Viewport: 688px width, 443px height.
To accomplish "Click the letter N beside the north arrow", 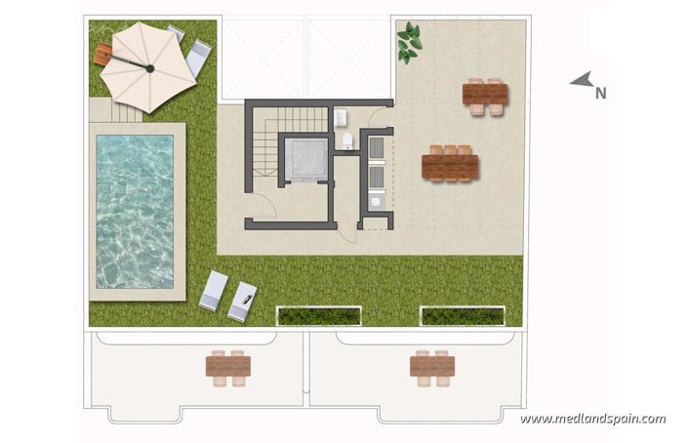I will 601,95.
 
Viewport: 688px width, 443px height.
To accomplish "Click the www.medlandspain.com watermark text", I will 592,420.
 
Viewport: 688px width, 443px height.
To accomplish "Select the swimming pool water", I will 135,211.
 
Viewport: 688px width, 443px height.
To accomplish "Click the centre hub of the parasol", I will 149,68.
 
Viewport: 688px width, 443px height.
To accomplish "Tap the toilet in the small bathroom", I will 347,141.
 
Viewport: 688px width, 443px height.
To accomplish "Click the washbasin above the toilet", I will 341,118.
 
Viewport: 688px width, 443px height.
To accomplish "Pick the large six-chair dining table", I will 450,164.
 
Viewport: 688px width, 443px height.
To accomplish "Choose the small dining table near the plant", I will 485,96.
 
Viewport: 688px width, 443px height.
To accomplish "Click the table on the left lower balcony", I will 228,366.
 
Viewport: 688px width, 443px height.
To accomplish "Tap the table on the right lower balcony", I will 432,366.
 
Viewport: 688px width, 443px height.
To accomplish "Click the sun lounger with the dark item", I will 242,300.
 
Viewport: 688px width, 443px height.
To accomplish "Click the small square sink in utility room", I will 376,203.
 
